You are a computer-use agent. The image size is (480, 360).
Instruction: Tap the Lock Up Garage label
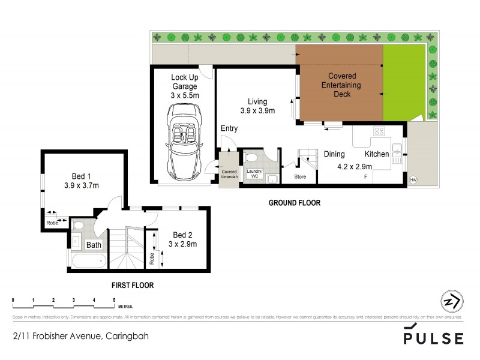click(x=184, y=86)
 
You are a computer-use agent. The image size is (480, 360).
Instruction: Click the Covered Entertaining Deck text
click(x=341, y=85)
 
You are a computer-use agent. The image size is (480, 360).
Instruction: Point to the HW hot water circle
click(x=413, y=179)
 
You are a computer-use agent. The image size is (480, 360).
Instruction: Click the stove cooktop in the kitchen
click(x=379, y=132)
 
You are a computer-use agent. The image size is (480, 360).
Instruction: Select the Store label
click(x=300, y=177)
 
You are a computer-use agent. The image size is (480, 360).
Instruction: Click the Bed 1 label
click(x=82, y=181)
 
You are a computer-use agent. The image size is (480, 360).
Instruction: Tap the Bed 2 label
click(x=182, y=239)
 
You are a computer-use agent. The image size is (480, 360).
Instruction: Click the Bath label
click(x=94, y=245)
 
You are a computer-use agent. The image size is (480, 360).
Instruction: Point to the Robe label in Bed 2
click(x=152, y=258)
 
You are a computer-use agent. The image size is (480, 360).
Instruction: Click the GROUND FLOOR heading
click(x=294, y=203)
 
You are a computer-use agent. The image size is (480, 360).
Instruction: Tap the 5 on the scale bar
click(x=113, y=299)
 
